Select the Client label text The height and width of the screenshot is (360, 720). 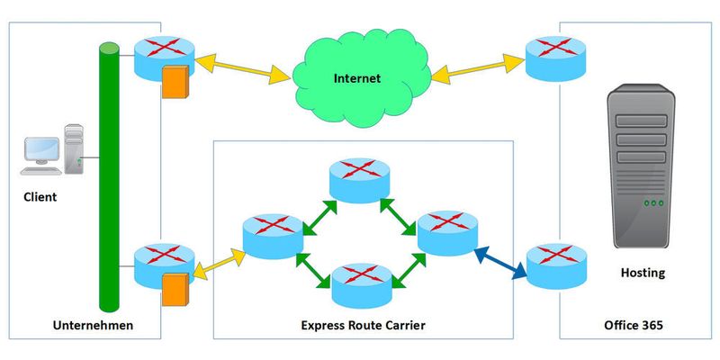tap(40, 196)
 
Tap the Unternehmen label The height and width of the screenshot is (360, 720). tap(93, 325)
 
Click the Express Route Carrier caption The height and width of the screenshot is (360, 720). tap(363, 325)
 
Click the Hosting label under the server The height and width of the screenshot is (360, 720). tap(643, 272)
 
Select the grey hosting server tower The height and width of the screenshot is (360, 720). tap(642, 166)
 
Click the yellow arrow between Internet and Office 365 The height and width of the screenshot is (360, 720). tap(477, 70)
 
